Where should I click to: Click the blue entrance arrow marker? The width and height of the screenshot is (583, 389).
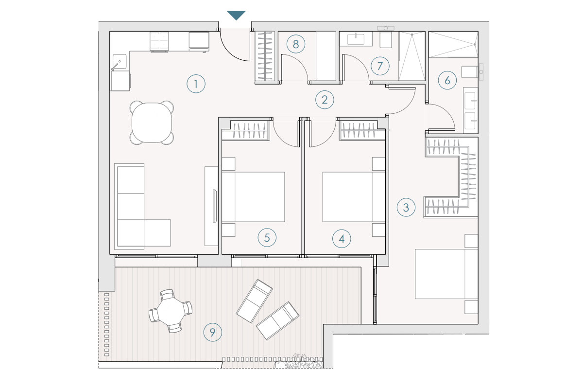(x=236, y=15)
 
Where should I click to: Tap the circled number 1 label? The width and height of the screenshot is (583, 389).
(x=196, y=84)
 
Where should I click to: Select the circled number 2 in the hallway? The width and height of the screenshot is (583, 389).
(x=325, y=100)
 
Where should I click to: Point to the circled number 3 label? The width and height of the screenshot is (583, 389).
(x=406, y=208)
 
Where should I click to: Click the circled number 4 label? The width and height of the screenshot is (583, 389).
(x=342, y=239)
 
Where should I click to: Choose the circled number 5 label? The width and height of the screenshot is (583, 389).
(x=267, y=238)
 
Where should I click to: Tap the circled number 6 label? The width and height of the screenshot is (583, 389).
(x=447, y=80)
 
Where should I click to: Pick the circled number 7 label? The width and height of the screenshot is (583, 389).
(x=380, y=66)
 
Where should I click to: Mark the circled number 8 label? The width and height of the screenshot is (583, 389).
(x=296, y=44)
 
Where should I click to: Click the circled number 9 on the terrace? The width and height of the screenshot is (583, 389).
(x=213, y=332)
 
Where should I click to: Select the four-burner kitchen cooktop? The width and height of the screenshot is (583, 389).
(x=159, y=41)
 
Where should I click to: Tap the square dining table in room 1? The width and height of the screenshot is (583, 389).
(x=152, y=123)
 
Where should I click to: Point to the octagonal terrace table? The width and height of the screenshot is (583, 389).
(x=171, y=311)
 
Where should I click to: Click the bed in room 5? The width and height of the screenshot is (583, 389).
(x=253, y=197)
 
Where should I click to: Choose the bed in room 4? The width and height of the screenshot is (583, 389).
(x=354, y=197)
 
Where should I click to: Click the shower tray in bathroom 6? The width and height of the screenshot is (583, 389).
(x=453, y=44)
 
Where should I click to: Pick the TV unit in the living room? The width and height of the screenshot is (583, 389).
(x=211, y=206)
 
